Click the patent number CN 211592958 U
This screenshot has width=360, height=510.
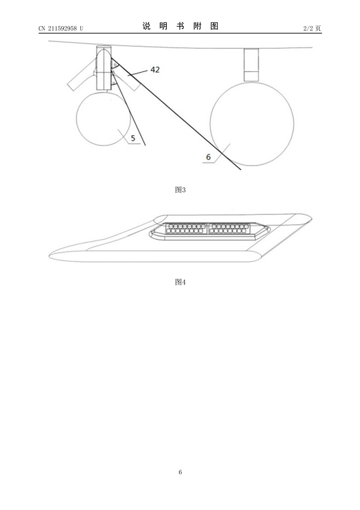(61, 28)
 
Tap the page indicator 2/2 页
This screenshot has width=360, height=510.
(312, 28)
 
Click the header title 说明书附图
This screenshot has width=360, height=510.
(180, 26)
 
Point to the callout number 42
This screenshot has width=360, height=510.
(155, 69)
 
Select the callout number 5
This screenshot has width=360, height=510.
(133, 138)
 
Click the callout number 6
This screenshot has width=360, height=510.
(209, 157)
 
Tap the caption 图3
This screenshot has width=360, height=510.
(180, 190)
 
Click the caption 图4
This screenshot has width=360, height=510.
(180, 282)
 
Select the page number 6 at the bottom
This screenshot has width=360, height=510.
(180, 472)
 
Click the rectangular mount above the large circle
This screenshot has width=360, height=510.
(251, 65)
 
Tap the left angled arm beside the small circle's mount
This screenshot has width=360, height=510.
(81, 77)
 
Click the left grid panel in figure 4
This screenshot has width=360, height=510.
(186, 228)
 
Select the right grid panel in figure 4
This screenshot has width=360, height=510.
(229, 228)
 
